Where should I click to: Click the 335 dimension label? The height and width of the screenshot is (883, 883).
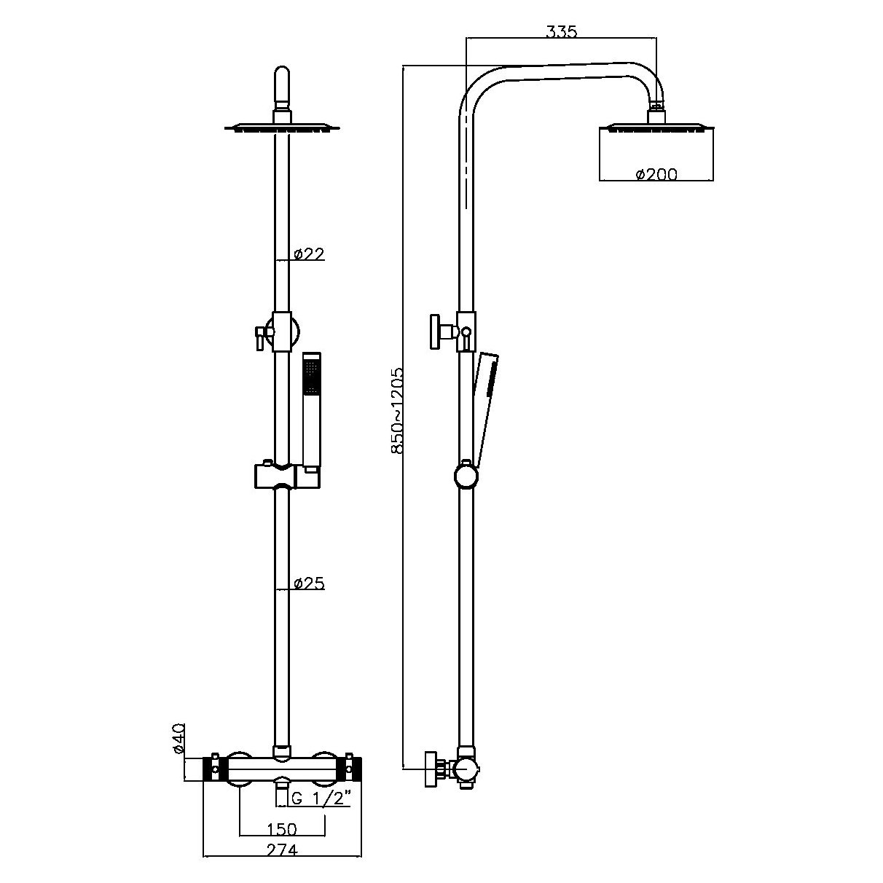(561, 31)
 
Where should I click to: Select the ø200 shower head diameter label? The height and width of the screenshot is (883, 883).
(656, 174)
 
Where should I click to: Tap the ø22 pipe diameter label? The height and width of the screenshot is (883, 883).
(309, 254)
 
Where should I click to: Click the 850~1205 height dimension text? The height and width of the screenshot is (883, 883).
(397, 411)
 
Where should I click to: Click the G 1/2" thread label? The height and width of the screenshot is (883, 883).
(321, 798)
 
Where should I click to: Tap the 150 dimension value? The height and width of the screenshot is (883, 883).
(281, 829)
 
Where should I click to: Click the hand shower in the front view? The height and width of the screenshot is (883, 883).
(311, 408)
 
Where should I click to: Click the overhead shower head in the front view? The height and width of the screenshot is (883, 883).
(282, 128)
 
